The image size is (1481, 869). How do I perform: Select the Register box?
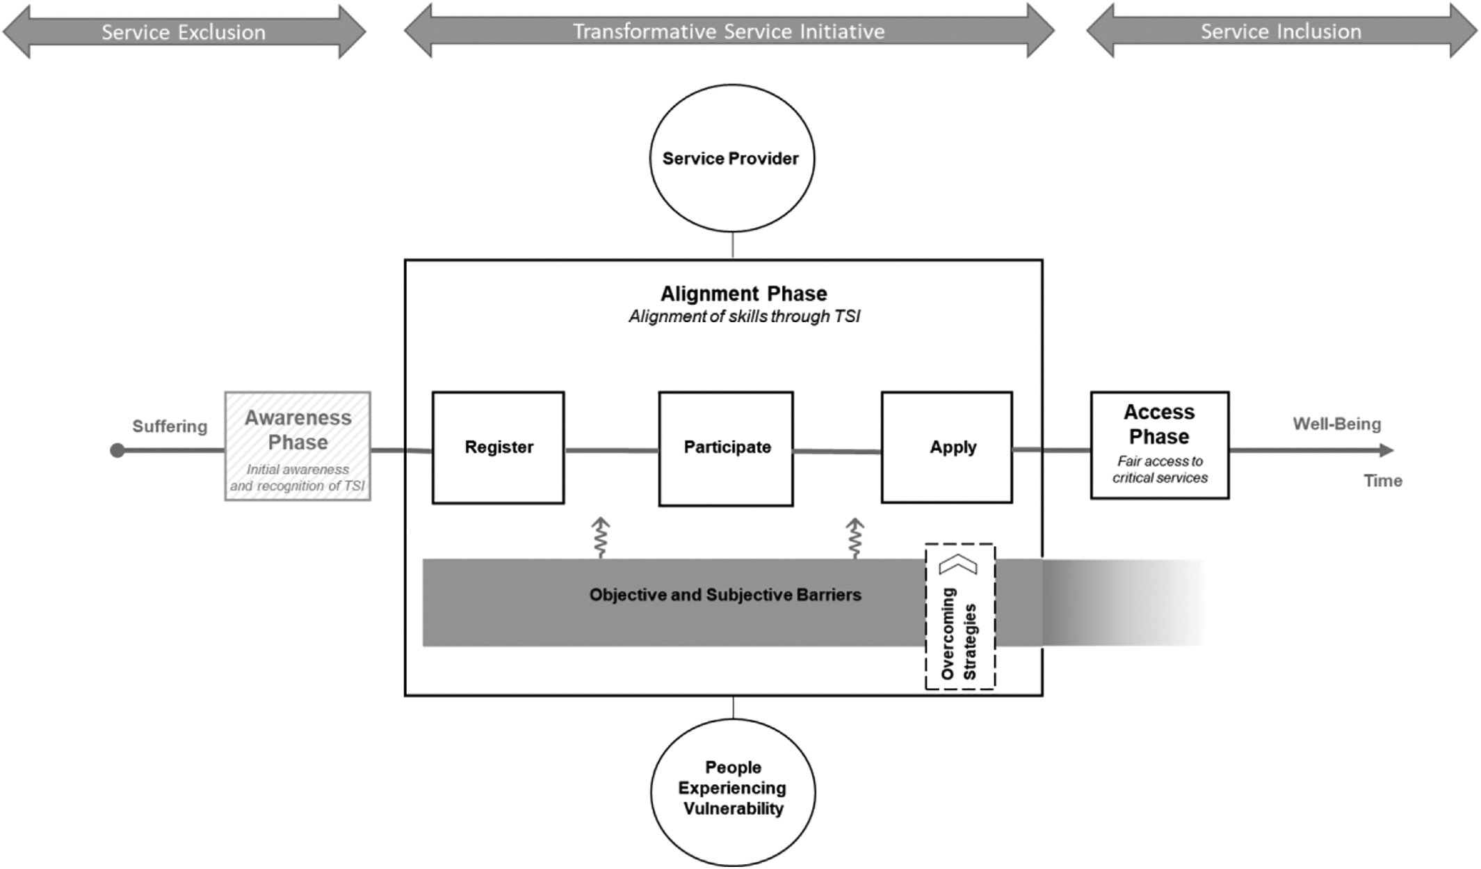498,447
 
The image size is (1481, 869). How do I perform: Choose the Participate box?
726,449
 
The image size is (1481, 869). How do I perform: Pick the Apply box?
946,447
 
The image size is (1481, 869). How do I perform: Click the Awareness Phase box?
298,446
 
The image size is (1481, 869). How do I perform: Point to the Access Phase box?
1159,445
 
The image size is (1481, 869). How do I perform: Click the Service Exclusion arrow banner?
184,31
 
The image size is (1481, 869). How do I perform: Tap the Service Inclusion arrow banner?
1281,31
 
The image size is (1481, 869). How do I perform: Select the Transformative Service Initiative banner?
729,31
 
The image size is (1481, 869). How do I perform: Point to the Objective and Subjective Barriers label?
725,595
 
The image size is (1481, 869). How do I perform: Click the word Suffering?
170,426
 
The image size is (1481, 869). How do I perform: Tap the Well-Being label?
1336,424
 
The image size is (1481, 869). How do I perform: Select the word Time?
1382,481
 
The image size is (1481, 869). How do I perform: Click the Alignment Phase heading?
743,294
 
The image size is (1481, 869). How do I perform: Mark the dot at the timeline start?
118,451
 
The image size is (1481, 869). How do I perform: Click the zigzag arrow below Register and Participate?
601,537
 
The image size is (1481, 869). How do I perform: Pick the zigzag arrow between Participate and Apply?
855,538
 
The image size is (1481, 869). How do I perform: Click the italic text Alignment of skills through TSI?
744,317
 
